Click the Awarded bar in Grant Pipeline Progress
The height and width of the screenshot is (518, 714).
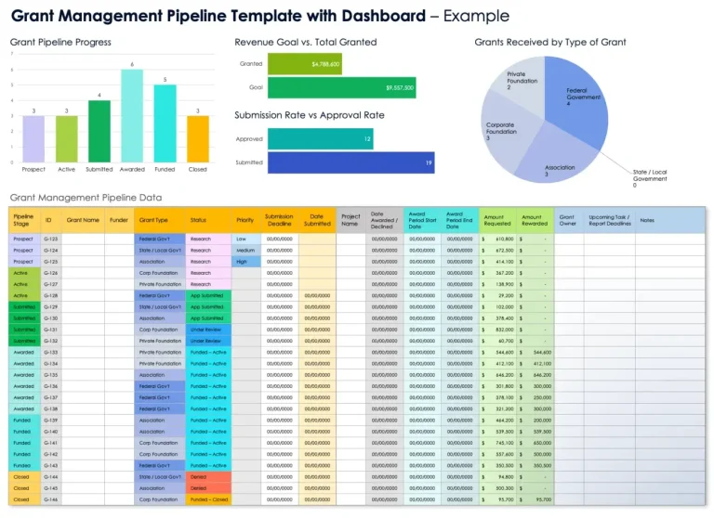tap(132, 116)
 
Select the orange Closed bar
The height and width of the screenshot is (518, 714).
tap(197, 139)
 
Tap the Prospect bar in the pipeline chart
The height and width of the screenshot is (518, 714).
tap(33, 139)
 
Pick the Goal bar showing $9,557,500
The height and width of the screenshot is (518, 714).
tap(340, 87)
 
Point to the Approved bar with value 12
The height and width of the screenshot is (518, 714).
tap(321, 139)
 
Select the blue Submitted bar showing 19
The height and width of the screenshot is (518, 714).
tap(351, 163)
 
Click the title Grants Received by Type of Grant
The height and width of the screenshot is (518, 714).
tap(549, 42)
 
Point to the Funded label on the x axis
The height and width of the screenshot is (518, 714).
tap(165, 170)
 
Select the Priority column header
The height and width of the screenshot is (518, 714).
tap(245, 220)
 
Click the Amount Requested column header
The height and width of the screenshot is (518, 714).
tap(496, 220)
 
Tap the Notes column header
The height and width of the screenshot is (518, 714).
tap(647, 220)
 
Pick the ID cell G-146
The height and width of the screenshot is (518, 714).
tap(51, 499)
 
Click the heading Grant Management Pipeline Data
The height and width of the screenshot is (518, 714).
tap(86, 197)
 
